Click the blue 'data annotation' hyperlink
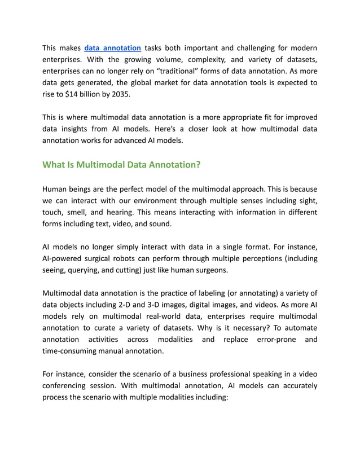point(112,48)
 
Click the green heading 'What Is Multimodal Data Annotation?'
point(122,165)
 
